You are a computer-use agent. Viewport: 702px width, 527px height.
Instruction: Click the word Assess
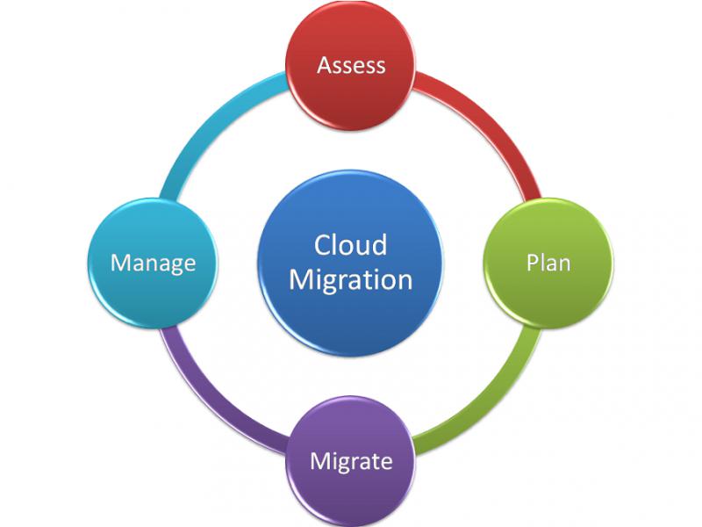351,65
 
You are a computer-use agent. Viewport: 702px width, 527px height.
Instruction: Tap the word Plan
548,263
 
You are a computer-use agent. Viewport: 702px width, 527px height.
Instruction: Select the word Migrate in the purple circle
351,462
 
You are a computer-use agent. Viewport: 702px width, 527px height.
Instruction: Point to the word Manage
153,263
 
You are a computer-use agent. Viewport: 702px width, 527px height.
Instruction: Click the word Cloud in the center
350,245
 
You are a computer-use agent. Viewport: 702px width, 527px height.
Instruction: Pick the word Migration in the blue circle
350,281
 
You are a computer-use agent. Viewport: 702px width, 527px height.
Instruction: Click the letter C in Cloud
322,245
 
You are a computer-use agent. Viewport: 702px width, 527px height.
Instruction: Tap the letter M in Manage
120,263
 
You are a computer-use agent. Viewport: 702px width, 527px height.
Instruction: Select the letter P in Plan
532,263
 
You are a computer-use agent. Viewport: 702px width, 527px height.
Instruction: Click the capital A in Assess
325,65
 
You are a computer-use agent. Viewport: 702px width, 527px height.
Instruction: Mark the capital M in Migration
301,280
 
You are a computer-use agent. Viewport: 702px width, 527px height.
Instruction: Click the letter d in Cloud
379,245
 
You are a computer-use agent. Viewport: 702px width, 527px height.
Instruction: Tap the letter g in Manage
172,266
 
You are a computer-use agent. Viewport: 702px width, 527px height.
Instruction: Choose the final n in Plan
564,265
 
